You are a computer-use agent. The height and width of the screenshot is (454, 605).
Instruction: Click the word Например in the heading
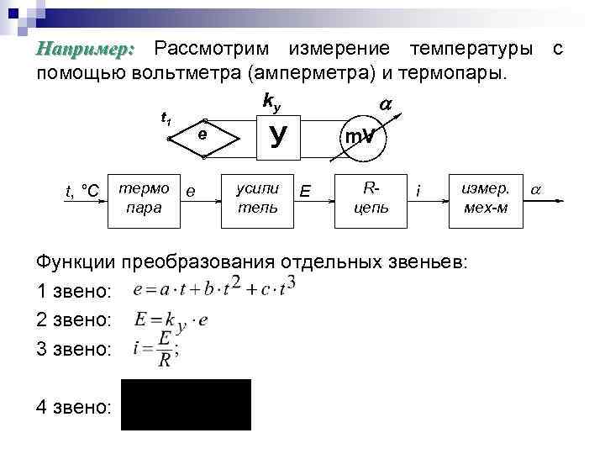pyautogui.click(x=85, y=50)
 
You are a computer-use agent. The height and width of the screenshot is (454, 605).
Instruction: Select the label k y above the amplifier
pyautogui.click(x=271, y=102)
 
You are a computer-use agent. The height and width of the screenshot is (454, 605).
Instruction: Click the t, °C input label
pyautogui.click(x=82, y=193)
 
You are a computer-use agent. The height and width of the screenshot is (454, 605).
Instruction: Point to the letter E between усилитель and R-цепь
pyautogui.click(x=304, y=194)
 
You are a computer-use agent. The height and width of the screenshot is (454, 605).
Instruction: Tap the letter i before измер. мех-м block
pyautogui.click(x=418, y=194)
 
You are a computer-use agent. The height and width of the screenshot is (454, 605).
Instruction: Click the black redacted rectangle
pyautogui.click(x=186, y=404)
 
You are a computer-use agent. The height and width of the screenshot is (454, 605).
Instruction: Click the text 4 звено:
pyautogui.click(x=74, y=407)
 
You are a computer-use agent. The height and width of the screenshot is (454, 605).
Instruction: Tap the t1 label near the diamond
pyautogui.click(x=166, y=119)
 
